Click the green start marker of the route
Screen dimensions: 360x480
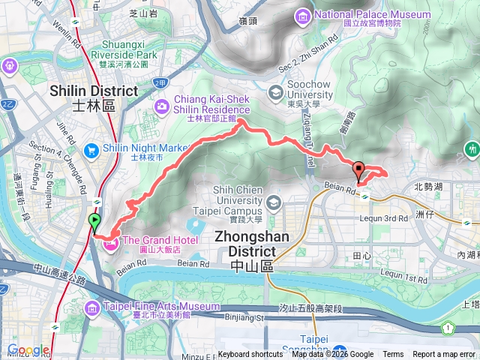coord(94,222)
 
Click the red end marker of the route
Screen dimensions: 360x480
coord(358,170)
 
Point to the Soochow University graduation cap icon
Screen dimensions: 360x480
coord(275,92)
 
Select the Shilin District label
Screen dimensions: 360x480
coord(94,97)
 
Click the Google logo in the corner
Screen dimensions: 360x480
coord(28,350)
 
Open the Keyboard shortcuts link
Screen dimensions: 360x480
coord(250,355)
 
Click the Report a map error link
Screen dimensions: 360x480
coord(444,355)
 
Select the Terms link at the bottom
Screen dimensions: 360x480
coord(393,355)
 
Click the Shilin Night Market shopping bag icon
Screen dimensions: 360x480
coord(91,148)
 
